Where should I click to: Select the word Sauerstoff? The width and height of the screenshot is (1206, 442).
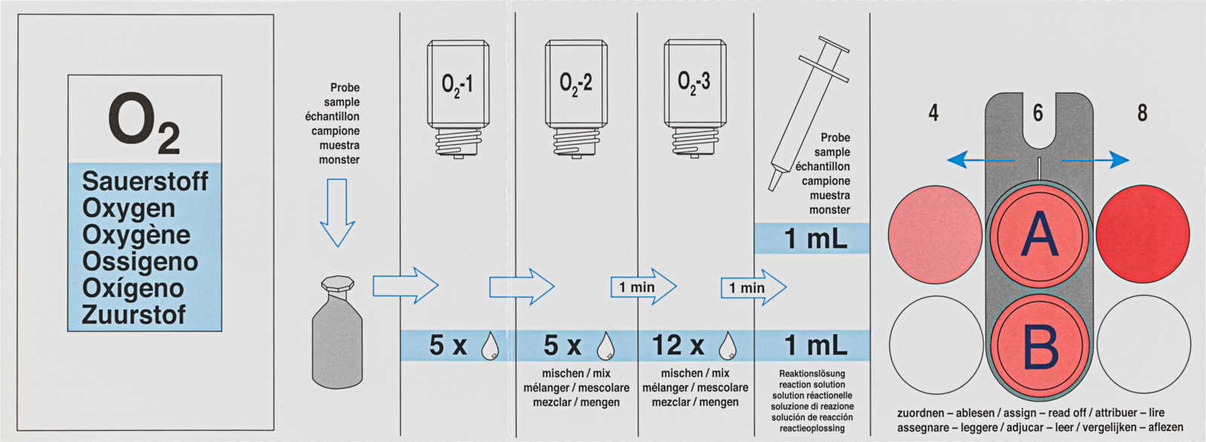tap(145, 181)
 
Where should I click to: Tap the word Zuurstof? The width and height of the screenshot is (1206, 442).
tap(133, 315)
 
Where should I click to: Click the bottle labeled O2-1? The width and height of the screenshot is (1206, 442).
tap(458, 98)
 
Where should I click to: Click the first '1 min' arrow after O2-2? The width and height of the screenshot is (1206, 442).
tap(642, 287)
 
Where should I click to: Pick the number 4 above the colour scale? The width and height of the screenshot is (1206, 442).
tap(933, 113)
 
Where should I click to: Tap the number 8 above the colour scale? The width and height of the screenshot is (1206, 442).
tap(1142, 113)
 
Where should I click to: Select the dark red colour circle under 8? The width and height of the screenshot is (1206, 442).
tap(1143, 234)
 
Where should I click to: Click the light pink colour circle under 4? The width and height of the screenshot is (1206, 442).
tap(935, 234)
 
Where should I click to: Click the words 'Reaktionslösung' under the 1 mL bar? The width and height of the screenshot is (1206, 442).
tap(812, 373)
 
